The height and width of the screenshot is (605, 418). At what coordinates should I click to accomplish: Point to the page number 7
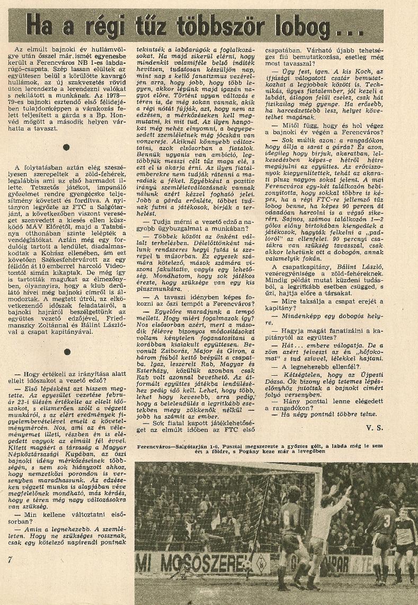[x=10, y=560]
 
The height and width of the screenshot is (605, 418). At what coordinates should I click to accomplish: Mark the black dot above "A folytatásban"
[x=65, y=146]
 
